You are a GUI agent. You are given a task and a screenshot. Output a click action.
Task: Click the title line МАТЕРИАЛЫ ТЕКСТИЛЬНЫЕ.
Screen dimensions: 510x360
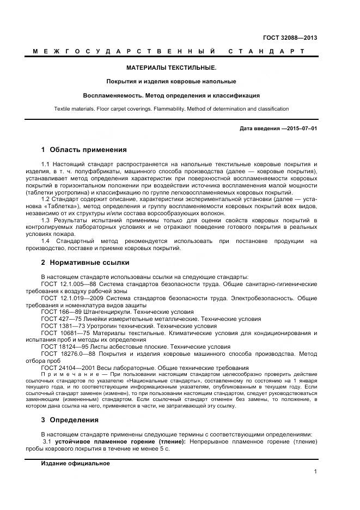[x=171, y=68]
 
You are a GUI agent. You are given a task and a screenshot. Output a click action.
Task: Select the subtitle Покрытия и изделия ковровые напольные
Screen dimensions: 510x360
[x=171, y=81]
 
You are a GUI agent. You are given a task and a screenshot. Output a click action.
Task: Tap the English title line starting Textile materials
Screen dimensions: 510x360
[x=171, y=108]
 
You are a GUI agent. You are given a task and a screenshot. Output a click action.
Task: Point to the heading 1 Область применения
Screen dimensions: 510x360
[x=84, y=149]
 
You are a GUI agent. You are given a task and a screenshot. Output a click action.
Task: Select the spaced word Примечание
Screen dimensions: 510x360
[x=73, y=375]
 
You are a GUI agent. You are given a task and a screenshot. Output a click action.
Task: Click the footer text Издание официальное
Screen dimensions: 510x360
[x=75, y=463]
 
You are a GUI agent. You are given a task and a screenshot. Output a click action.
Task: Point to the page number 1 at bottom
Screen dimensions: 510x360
[x=315, y=472]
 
